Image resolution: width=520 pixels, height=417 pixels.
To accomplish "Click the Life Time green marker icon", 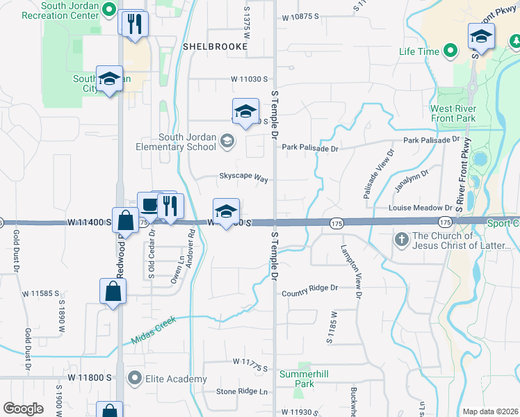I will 450,51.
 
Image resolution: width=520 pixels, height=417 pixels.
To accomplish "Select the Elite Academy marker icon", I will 134,378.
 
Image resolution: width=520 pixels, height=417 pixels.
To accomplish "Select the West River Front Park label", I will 453,113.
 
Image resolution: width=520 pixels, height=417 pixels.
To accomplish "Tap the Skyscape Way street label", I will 244,179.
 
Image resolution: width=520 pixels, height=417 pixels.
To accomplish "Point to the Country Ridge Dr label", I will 309,288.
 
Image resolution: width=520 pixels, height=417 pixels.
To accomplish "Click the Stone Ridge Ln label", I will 242,391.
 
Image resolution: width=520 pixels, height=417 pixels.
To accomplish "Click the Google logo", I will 24,408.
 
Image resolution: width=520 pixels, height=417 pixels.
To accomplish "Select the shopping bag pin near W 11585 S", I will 113,293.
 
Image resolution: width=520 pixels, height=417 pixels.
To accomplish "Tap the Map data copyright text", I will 491,411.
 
